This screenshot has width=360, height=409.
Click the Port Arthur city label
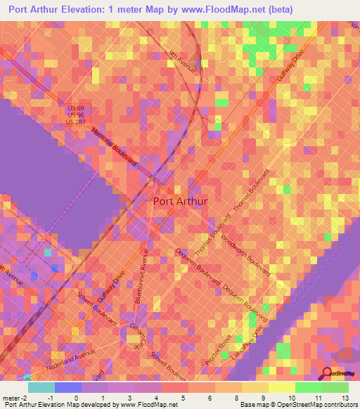180,201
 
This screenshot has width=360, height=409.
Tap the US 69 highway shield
75,107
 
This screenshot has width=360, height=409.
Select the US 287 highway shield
75,122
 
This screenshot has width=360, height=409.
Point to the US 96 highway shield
75,114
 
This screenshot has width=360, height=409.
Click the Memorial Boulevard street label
113,148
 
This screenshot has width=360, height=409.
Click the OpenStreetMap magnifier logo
328,373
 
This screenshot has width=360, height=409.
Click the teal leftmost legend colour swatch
41,387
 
